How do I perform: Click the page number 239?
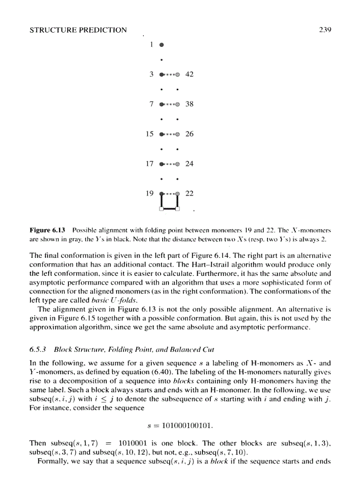point(324,30)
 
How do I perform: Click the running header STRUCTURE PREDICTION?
point(78,30)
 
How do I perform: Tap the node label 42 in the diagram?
point(189,74)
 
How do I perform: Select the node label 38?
point(189,104)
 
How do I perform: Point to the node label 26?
point(189,134)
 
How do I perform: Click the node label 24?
point(189,164)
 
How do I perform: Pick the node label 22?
point(189,193)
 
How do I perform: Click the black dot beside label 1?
point(162,45)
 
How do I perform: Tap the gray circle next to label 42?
point(178,74)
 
